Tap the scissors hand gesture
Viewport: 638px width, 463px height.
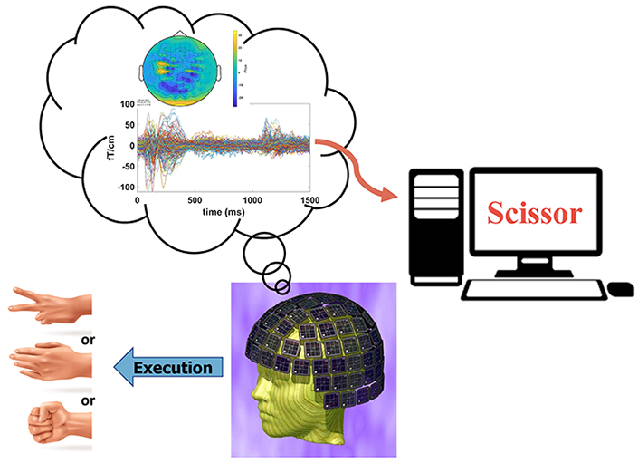point(50,302)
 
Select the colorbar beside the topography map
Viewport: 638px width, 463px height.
point(235,68)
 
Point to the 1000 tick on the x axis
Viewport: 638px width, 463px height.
point(254,199)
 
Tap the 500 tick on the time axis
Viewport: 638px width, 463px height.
point(195,199)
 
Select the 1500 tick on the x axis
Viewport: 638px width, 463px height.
point(311,199)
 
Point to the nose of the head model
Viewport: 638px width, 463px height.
point(252,395)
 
